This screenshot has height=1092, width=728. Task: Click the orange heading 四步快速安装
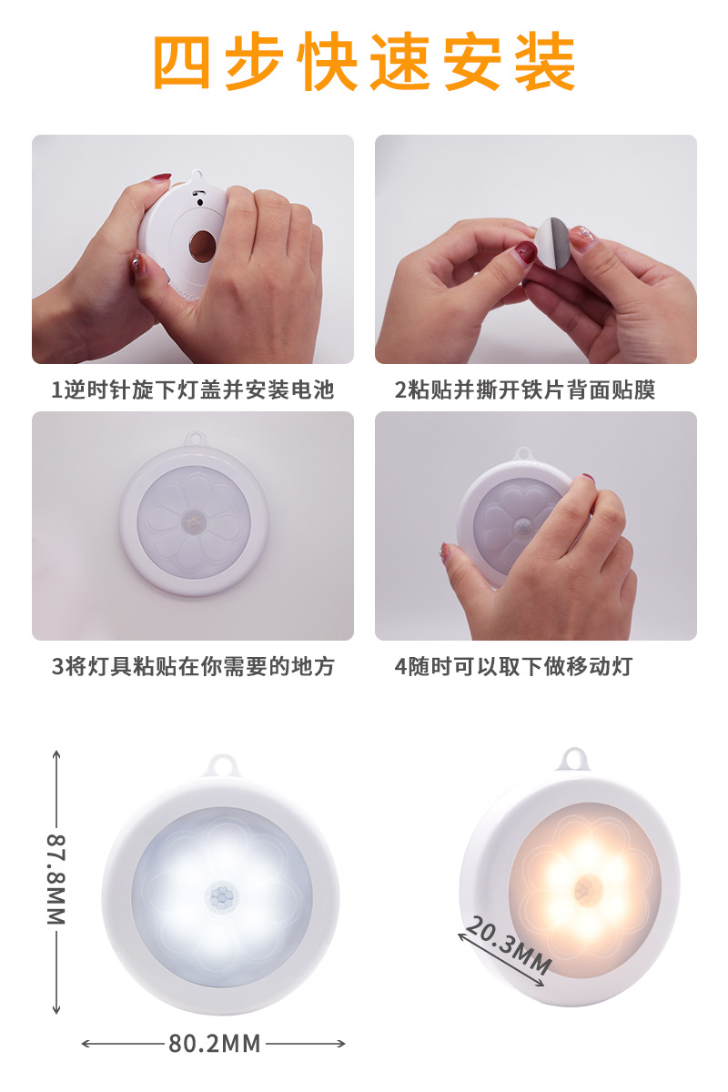[364, 64]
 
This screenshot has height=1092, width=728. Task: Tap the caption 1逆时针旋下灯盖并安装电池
[193, 390]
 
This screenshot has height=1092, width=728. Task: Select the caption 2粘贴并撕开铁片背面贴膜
[525, 390]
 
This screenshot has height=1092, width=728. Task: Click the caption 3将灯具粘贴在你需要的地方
[193, 666]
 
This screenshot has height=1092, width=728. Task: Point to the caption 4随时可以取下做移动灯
[513, 666]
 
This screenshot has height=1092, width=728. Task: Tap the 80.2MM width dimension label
[214, 1043]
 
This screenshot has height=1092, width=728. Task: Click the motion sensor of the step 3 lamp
[194, 521]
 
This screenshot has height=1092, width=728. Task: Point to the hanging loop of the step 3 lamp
[194, 439]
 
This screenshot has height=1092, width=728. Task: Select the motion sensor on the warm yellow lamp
[588, 885]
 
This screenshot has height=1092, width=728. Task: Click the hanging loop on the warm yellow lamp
[573, 757]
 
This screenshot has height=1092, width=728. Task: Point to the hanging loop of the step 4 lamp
[523, 453]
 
